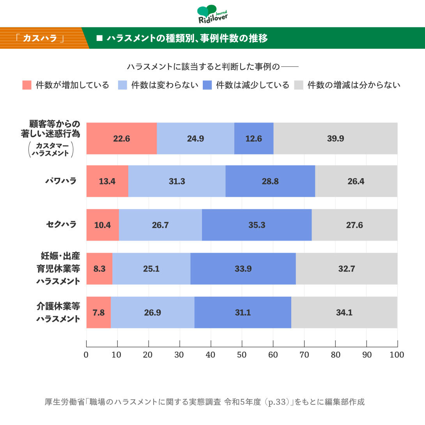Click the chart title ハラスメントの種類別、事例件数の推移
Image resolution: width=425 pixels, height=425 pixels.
(187, 38)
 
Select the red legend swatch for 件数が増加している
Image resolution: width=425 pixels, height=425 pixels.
(27, 85)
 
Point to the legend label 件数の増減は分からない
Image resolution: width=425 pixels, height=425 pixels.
(354, 85)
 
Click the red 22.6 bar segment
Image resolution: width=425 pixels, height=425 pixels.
(121, 138)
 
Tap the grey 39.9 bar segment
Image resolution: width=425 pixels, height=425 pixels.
(335, 138)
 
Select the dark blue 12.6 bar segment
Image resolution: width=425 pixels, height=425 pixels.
(253, 138)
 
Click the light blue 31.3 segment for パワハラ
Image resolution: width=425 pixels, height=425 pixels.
(177, 181)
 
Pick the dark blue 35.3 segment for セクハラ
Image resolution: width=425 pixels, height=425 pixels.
(257, 225)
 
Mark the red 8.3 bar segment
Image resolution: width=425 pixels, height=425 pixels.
(99, 269)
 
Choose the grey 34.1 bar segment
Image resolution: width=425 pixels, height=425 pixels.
(344, 312)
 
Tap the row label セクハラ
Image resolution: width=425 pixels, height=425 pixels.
(61, 225)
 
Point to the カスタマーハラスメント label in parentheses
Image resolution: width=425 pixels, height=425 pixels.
(51, 150)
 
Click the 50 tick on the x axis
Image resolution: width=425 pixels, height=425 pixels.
(242, 355)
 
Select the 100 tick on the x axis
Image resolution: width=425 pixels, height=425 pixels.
(397, 355)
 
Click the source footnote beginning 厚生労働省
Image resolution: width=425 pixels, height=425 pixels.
(205, 402)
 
